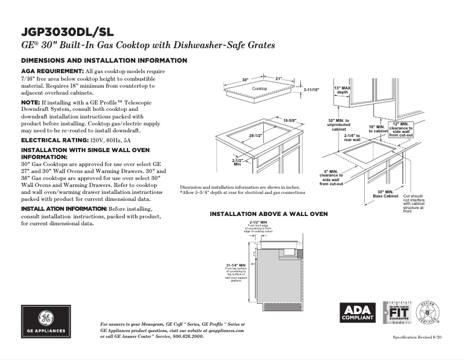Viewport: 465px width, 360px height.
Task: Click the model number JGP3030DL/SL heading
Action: [x=67, y=31]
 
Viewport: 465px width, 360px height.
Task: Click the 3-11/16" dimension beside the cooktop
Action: [x=311, y=90]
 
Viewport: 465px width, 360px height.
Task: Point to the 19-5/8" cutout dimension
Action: [x=290, y=120]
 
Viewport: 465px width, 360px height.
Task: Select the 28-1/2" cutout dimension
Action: [x=256, y=136]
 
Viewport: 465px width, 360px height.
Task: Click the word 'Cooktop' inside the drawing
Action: [x=260, y=88]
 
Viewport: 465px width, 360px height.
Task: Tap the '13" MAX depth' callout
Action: [x=343, y=89]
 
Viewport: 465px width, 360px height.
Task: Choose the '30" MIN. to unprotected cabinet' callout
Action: [x=339, y=125]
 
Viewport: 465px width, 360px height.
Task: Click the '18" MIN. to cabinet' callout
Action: [x=377, y=129]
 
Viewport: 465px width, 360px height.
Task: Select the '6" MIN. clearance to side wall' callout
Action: [x=332, y=177]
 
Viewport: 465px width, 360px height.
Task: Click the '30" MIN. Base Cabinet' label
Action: [x=385, y=194]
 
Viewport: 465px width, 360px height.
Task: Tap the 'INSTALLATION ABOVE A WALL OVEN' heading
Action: [x=268, y=214]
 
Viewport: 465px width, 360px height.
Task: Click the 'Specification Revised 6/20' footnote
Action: [x=417, y=337]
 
